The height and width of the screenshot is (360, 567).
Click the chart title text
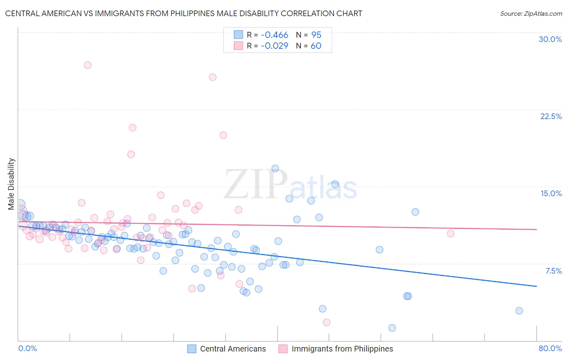(x=183, y=13)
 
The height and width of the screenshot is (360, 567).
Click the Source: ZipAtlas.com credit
(x=531, y=13)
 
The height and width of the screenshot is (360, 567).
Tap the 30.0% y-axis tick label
(x=550, y=39)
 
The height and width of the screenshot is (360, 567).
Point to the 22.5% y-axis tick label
(x=551, y=116)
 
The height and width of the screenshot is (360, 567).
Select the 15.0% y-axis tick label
(x=551, y=193)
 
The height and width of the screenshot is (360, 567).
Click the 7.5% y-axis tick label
(x=553, y=271)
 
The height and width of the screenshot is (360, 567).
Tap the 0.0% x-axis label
(x=27, y=348)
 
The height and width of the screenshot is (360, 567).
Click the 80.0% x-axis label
(x=550, y=348)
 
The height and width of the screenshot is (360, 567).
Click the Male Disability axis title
(x=11, y=184)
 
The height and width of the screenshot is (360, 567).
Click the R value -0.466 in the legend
(x=274, y=35)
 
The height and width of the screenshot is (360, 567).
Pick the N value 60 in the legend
(x=316, y=46)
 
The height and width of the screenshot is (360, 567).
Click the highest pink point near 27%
(x=88, y=65)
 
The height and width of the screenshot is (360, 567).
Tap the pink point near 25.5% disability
(x=213, y=77)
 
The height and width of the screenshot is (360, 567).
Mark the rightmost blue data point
(x=519, y=311)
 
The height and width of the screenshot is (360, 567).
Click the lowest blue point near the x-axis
(x=392, y=328)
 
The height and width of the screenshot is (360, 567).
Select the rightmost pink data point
(x=450, y=234)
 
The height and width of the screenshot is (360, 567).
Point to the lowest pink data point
(x=327, y=322)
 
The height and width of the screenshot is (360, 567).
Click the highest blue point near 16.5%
(x=275, y=168)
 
